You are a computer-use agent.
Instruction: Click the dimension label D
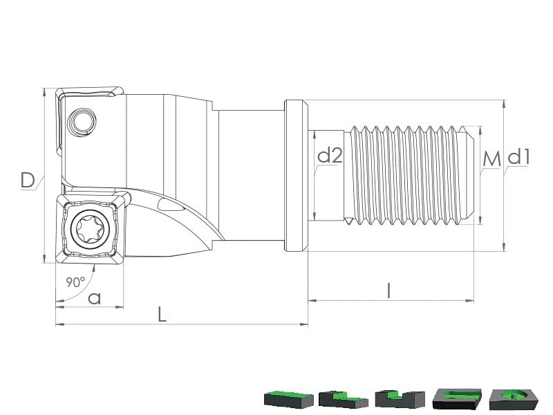pyautogui.click(x=28, y=180)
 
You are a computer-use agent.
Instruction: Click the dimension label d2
pyautogui.click(x=330, y=155)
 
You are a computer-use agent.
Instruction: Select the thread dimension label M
pyautogui.click(x=491, y=159)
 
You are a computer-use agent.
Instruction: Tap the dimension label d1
pyautogui.click(x=518, y=156)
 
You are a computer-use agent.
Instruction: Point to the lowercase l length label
pyautogui.click(x=388, y=290)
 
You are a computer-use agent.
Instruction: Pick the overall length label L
pyautogui.click(x=162, y=314)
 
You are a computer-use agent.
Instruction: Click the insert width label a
pyautogui.click(x=94, y=299)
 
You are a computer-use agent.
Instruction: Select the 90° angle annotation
pyautogui.click(x=75, y=282)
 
